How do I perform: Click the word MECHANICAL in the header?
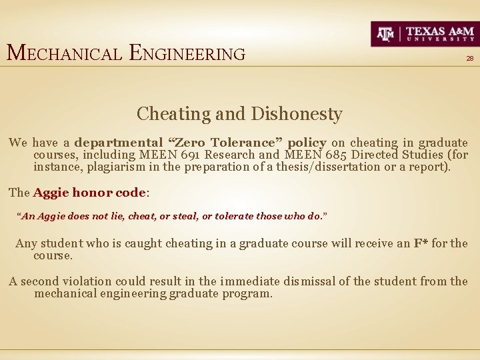coord(64,53)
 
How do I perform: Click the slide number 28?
coord(469,59)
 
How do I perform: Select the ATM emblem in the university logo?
coord(386,33)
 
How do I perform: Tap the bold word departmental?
coord(119,142)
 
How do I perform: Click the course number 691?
coord(193,155)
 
